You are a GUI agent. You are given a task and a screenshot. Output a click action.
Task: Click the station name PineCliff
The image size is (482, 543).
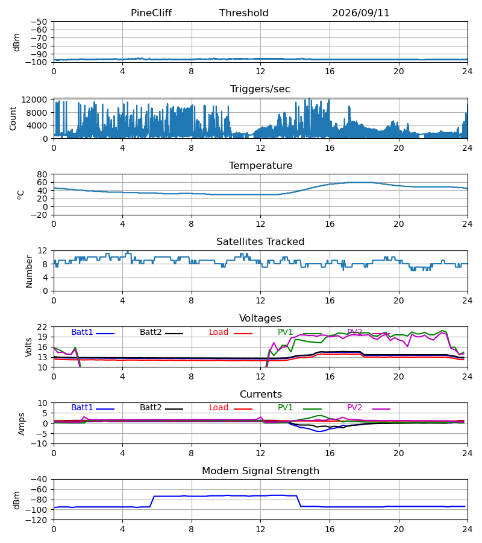click(151, 13)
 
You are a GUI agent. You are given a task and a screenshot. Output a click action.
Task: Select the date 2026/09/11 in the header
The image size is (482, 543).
click(361, 13)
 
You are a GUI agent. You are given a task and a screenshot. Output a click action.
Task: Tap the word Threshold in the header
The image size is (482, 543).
click(244, 13)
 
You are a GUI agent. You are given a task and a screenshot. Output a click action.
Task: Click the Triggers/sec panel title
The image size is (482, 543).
click(260, 89)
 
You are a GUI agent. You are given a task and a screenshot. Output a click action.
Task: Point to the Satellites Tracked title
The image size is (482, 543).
click(260, 242)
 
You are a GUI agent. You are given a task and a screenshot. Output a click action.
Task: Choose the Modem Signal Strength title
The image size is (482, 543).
click(260, 471)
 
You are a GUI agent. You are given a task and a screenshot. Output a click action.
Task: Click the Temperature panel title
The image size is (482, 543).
click(260, 165)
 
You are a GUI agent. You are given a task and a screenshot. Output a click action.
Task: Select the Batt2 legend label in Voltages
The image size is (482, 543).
click(151, 332)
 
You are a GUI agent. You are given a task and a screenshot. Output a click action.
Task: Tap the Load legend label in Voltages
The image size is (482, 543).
click(219, 332)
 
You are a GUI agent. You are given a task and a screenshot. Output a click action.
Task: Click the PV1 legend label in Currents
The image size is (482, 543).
click(285, 408)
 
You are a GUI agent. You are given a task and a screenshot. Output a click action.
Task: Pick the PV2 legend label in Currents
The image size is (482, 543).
click(354, 408)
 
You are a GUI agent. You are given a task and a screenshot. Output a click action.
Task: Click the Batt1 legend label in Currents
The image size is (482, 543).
click(82, 408)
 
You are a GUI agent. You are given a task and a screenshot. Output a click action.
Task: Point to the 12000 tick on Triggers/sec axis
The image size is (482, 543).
click(34, 100)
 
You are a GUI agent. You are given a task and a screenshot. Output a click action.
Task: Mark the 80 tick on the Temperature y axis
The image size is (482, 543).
click(42, 174)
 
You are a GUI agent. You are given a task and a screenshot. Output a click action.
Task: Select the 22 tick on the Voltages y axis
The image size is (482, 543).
click(42, 327)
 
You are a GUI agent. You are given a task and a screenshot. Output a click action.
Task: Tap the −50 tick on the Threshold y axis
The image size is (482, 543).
click(39, 22)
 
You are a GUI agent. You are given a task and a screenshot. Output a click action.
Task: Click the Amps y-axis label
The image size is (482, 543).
click(22, 424)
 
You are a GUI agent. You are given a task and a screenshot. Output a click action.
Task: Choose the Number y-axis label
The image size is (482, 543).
click(29, 271)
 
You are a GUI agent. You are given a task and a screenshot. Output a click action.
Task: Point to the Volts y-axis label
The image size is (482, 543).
click(29, 348)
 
